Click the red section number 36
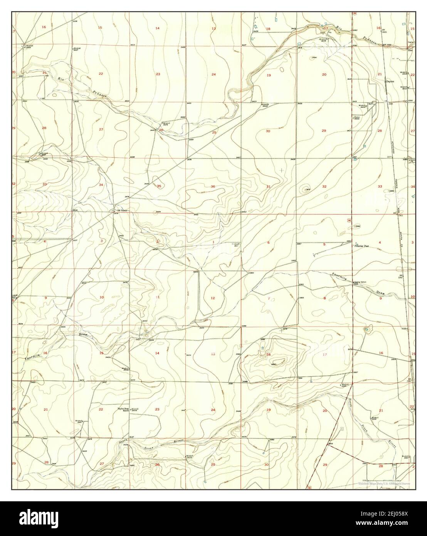213,187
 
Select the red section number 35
159,186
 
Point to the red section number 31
268,187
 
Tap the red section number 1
213,242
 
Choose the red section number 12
213,298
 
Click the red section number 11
158,297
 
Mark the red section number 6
268,243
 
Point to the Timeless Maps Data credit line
384,483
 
